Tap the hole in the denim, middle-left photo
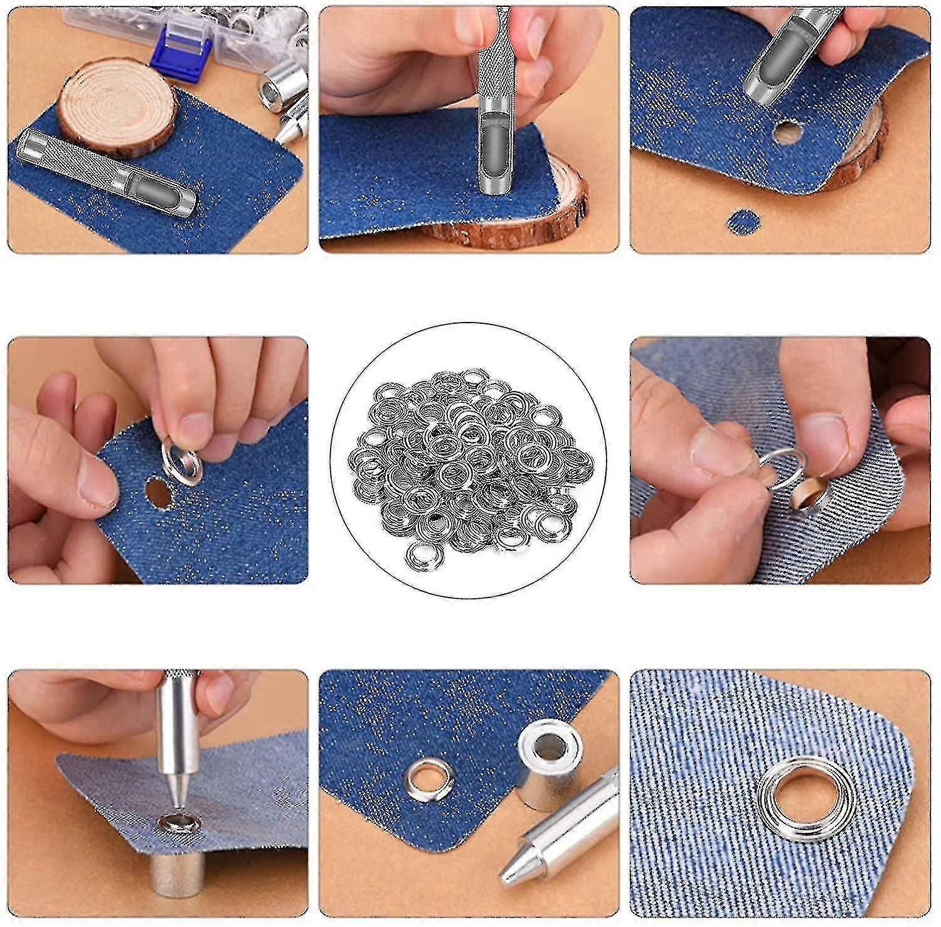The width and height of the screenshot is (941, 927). tap(158, 493)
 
